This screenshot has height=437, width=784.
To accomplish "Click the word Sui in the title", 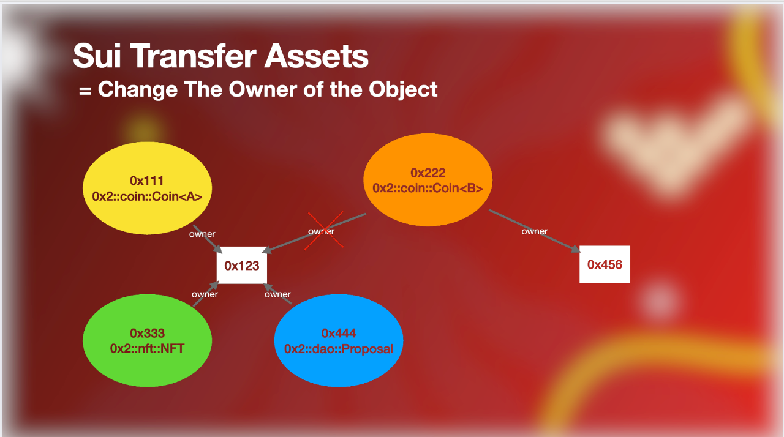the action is pos(97,56).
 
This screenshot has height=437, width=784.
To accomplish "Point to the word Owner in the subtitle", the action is pos(263,89).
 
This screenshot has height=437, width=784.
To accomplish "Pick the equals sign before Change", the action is pos(85,91).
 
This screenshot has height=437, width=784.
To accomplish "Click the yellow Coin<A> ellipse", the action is pos(148,188).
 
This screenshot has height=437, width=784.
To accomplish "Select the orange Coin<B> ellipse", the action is pos(428,180).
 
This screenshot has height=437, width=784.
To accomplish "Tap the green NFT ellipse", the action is pos(148,340).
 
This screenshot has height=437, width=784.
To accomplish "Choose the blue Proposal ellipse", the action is pos(339,340).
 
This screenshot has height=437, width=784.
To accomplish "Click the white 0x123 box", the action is pos(242,266).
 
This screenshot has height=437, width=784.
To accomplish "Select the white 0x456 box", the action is pos(605,264).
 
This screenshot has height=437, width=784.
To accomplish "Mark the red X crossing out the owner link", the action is pos(325,230).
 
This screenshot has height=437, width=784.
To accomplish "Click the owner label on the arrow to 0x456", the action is pos(535,231).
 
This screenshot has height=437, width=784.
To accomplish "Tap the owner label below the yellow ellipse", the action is pos(202,234).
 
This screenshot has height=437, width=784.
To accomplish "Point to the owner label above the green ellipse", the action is pos(205,294).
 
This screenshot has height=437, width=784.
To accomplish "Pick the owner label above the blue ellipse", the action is pos(277,294).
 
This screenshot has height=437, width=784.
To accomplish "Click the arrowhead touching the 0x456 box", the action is pos(576,249).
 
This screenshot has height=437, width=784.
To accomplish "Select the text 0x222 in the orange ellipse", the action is pos(428,173).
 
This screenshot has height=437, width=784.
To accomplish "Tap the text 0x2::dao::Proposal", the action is pos(339,349).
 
